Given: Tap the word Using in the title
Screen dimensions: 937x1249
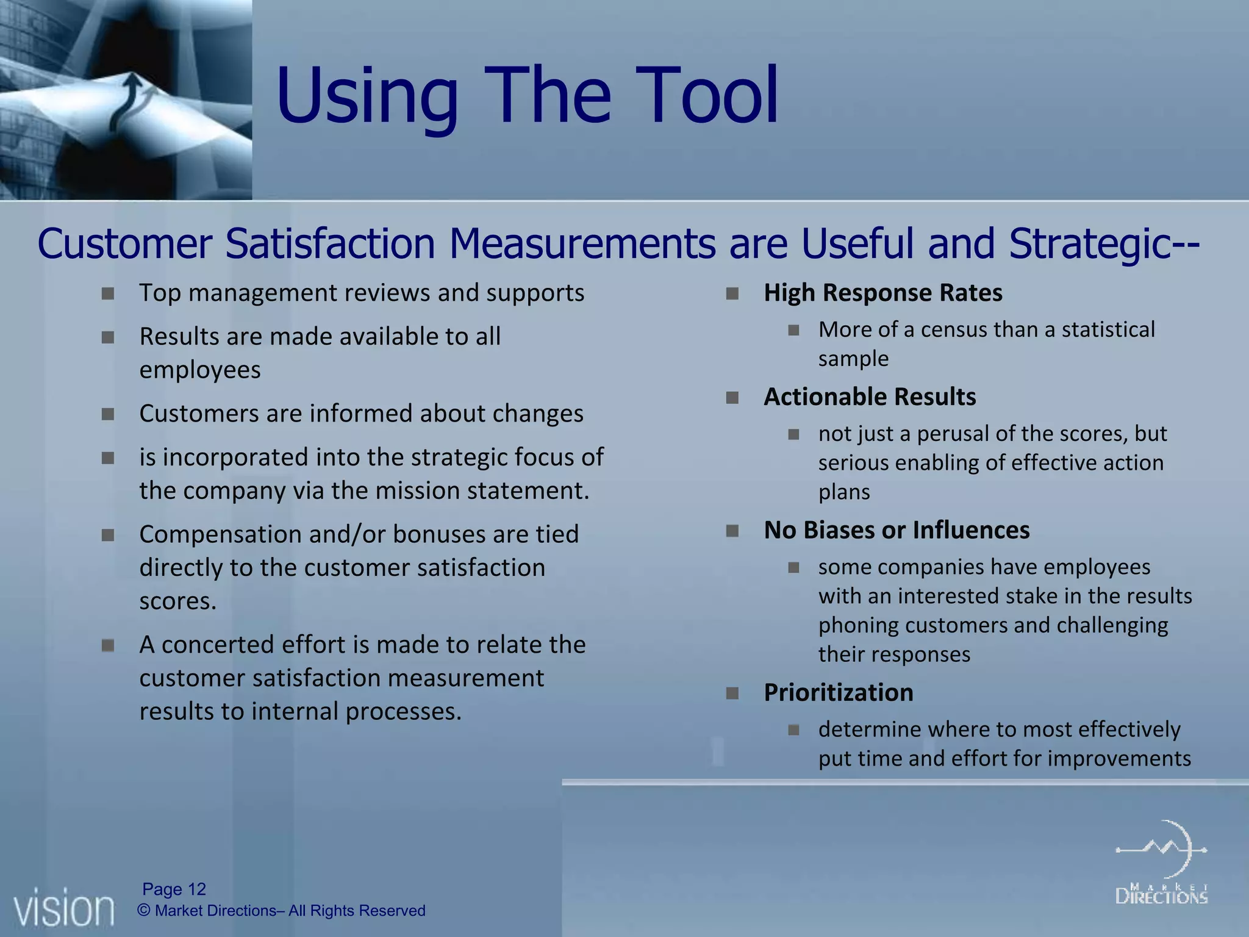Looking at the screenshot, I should tap(367, 98).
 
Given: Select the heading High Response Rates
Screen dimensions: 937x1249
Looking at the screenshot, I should tap(882, 293).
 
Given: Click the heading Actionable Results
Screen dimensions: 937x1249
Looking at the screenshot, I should tap(870, 397).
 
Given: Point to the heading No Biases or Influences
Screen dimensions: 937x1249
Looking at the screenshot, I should tap(896, 530).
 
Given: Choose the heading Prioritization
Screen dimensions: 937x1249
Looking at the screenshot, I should tap(838, 693).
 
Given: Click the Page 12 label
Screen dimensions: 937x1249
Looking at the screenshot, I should tap(174, 889).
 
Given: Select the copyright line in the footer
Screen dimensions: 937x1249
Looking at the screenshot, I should tap(281, 911).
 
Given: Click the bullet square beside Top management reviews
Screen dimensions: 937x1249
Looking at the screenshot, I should tap(108, 294).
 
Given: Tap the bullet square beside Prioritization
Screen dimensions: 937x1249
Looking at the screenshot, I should tap(732, 694).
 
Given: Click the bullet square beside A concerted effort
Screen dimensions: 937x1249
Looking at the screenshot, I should tap(108, 645).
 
